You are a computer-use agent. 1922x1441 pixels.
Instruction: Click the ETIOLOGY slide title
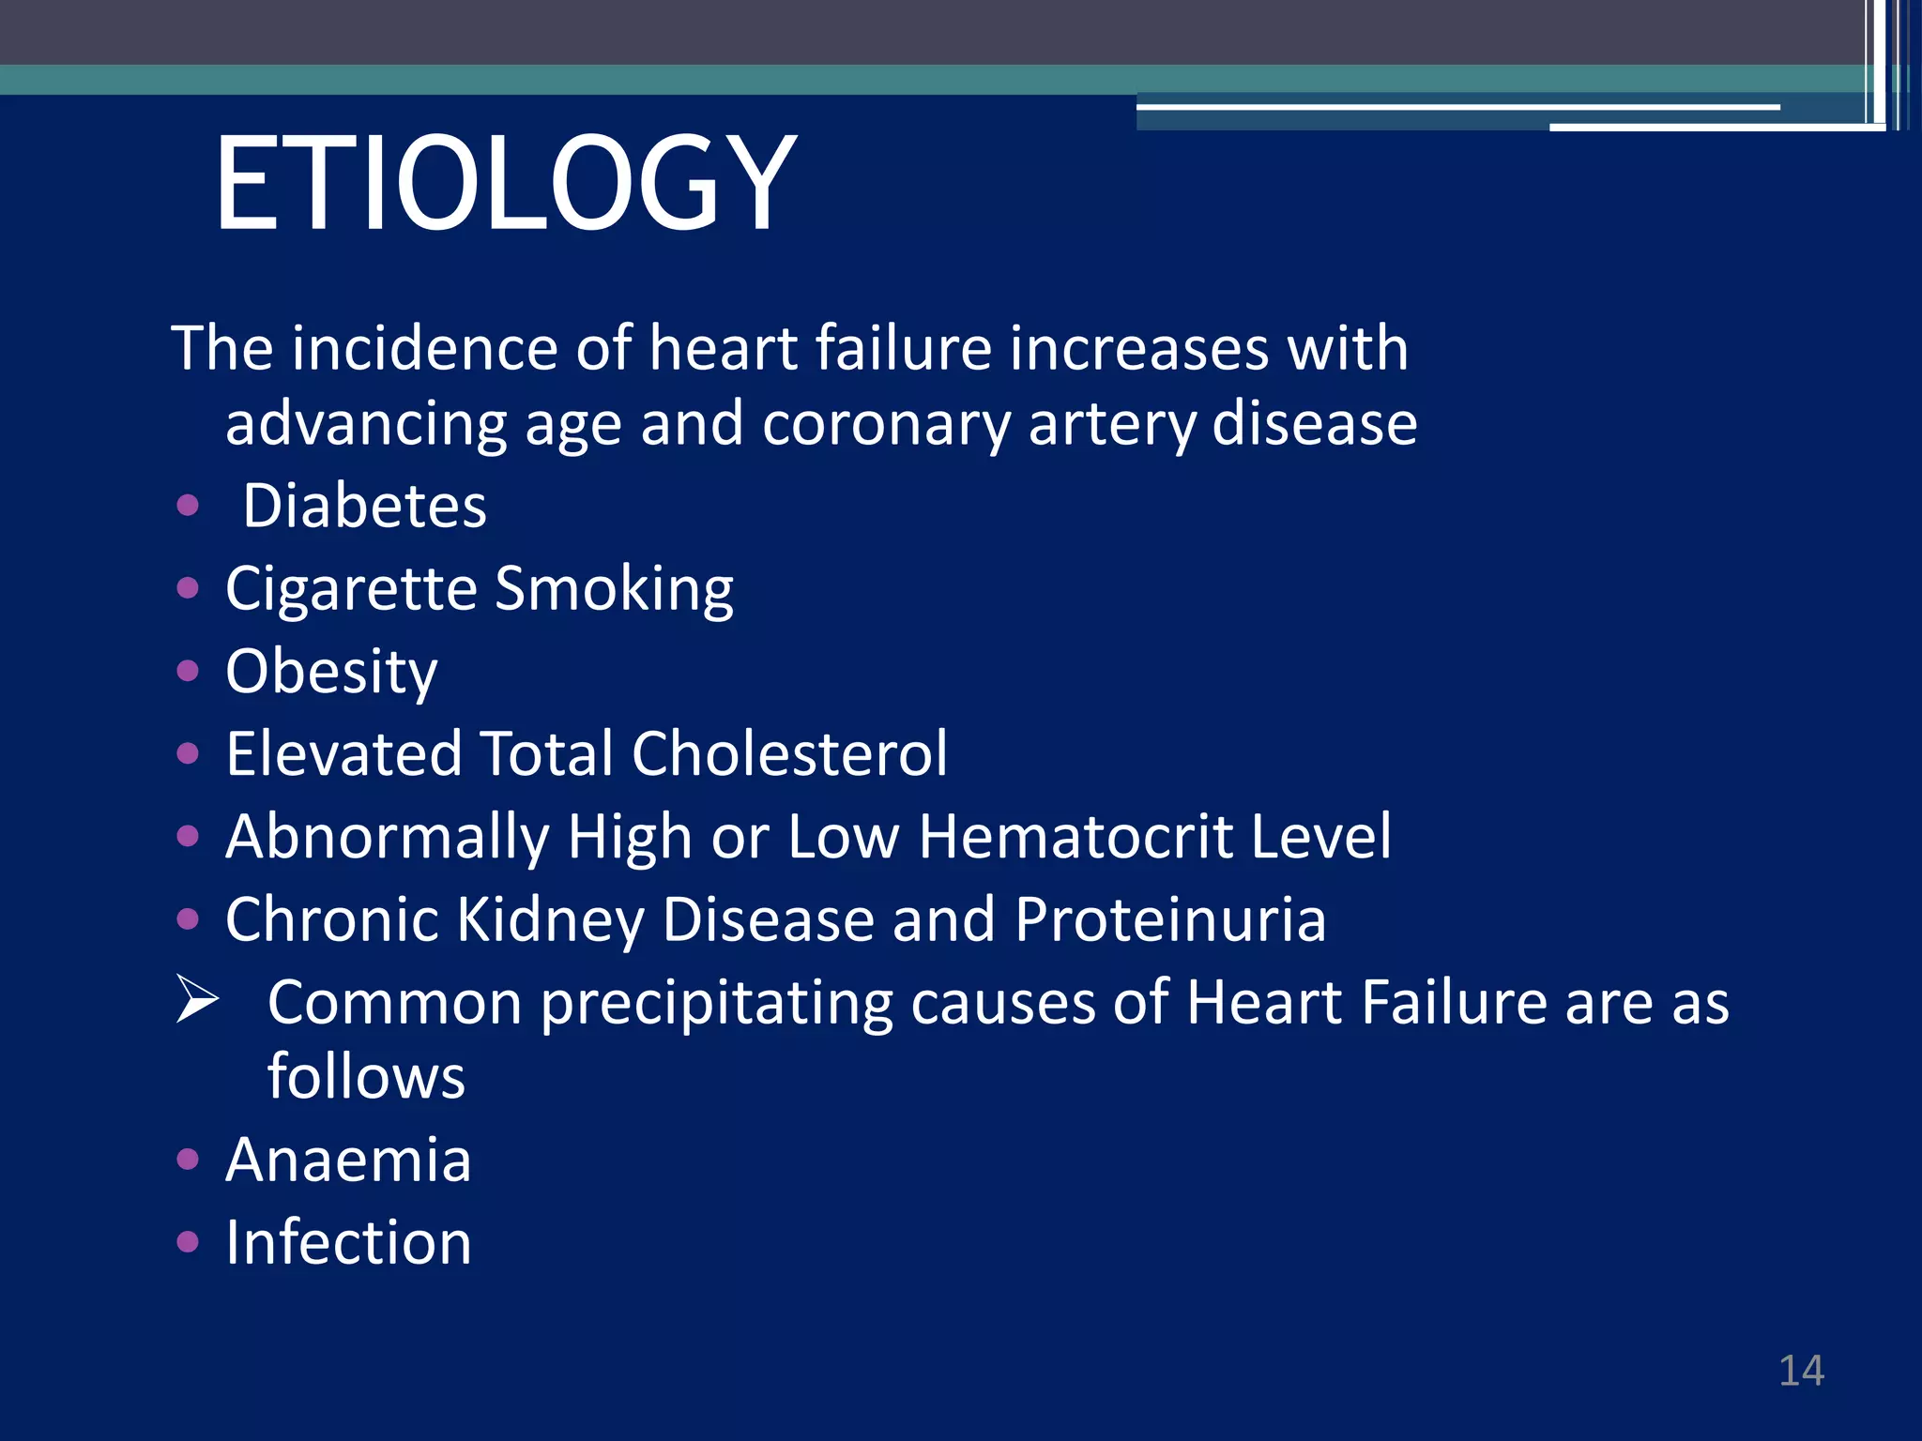click(x=505, y=183)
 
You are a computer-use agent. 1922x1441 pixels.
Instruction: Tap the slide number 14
click(x=1801, y=1371)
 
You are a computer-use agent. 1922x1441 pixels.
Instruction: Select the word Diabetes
click(x=364, y=507)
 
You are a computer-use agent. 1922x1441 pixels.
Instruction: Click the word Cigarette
click(x=351, y=590)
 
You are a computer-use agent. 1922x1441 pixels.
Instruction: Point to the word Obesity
click(x=331, y=673)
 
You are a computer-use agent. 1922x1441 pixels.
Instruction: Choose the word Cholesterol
click(x=789, y=754)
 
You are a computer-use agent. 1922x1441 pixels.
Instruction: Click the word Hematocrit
click(x=1075, y=837)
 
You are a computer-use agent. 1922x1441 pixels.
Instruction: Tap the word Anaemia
click(x=348, y=1160)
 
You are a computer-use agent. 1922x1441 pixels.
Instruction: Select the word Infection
click(x=348, y=1243)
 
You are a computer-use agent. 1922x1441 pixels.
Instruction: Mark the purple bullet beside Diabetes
click(x=188, y=507)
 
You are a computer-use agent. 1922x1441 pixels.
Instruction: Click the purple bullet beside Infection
click(x=188, y=1243)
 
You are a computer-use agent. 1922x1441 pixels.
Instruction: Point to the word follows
click(x=366, y=1077)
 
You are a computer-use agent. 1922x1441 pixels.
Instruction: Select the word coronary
click(x=886, y=425)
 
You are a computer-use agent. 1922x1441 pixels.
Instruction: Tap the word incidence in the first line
click(x=425, y=349)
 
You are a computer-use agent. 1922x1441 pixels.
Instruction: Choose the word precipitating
click(x=716, y=1004)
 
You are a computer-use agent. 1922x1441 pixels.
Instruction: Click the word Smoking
click(x=614, y=590)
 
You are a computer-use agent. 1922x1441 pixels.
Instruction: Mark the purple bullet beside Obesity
click(x=188, y=672)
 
